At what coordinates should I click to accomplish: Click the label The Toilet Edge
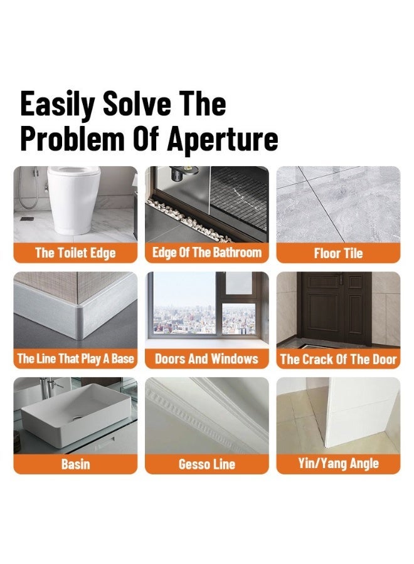(75, 253)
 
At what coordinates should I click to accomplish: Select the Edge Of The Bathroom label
(206, 253)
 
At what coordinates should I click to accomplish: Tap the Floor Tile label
(338, 253)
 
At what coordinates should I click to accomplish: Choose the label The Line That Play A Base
(75, 358)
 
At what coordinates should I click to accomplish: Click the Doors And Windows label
(206, 358)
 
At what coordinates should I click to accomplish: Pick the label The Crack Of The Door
(338, 358)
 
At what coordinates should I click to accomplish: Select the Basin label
(75, 464)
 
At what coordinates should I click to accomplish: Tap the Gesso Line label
(206, 464)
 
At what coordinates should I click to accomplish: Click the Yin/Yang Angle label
(338, 464)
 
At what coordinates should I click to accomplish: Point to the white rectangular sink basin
(72, 417)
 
